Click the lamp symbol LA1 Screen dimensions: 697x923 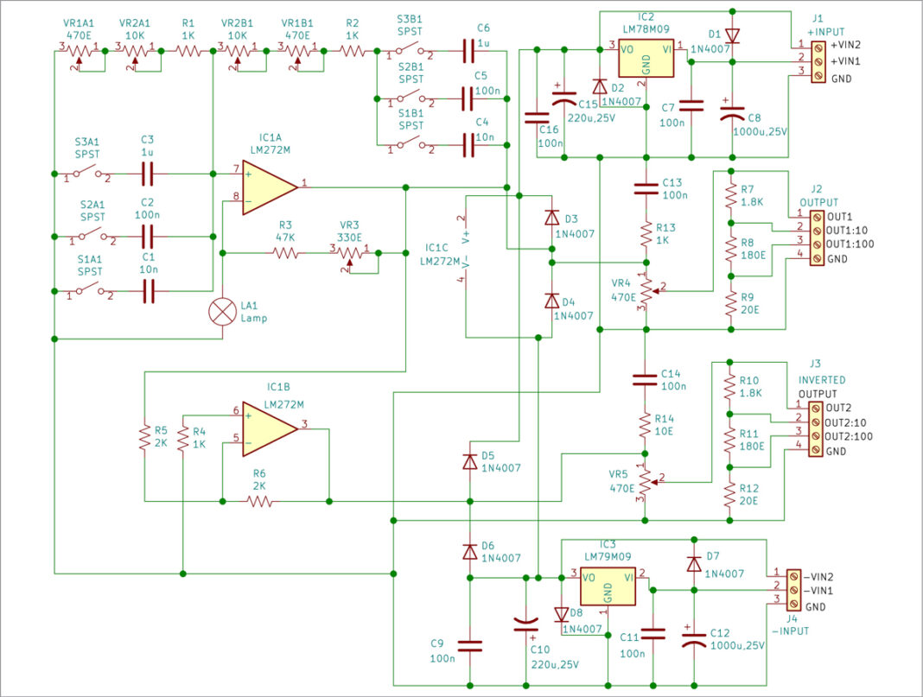224,311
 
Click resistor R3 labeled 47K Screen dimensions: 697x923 286,253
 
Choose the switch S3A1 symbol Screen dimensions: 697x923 86,175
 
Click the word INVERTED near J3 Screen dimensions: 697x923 821,380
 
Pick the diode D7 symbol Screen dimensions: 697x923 693,564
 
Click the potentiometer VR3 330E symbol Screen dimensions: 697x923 349,254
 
